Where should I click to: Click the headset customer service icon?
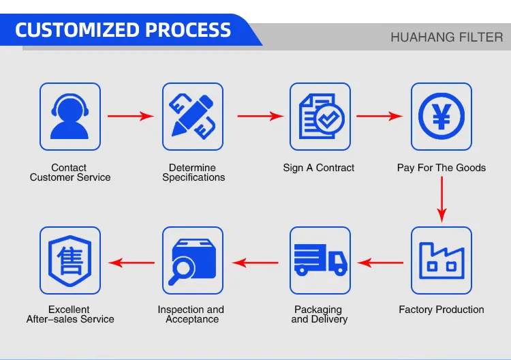(x=69, y=117)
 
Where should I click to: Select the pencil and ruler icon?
(x=193, y=117)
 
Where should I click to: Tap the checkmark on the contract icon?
(x=329, y=118)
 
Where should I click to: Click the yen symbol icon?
(x=442, y=117)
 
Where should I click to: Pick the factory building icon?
(x=442, y=260)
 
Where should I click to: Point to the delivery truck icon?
(x=320, y=260)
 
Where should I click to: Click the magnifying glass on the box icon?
(x=181, y=271)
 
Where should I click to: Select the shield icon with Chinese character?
(x=69, y=260)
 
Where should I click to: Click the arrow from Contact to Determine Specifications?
(x=131, y=116)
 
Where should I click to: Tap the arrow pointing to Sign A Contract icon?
(x=260, y=116)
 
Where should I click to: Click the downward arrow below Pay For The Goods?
(x=442, y=200)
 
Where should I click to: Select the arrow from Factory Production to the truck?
(x=380, y=262)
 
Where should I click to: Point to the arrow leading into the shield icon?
(x=131, y=262)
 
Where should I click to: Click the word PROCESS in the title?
(x=188, y=30)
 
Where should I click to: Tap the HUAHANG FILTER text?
(x=447, y=37)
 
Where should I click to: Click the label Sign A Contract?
(x=318, y=168)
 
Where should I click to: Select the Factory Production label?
(x=442, y=310)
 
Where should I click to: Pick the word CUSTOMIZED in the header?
(x=78, y=30)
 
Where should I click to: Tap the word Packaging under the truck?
(x=318, y=310)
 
